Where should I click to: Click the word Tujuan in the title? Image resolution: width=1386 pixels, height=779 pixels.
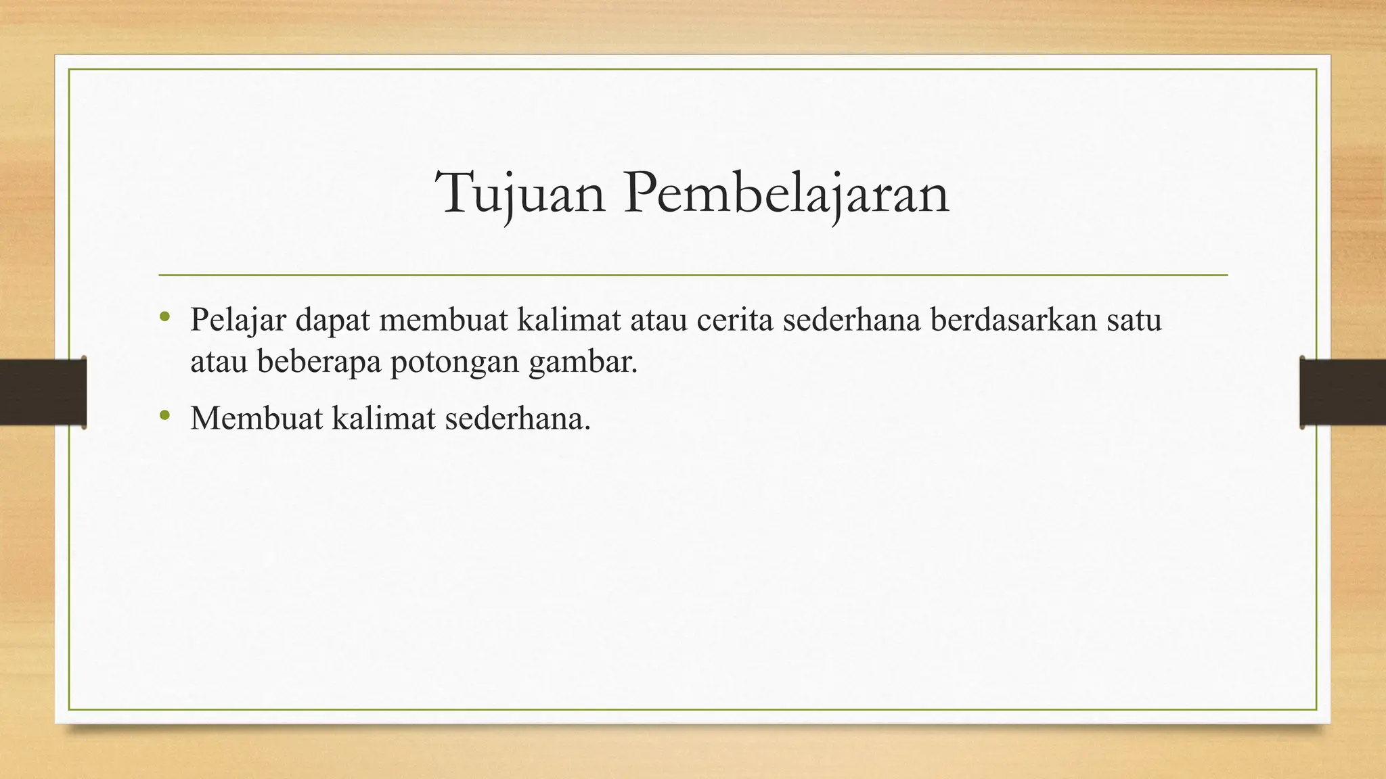coord(520,193)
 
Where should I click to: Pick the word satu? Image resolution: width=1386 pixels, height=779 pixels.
coord(1134,320)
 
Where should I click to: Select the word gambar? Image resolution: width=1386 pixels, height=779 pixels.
coord(583,362)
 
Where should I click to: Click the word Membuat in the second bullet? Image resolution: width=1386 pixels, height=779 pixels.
coord(256,418)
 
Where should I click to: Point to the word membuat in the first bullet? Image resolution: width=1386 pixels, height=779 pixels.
coord(443,320)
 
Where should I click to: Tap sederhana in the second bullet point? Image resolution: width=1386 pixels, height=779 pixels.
coord(518,418)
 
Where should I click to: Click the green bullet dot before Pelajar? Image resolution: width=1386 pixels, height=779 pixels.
coord(164,316)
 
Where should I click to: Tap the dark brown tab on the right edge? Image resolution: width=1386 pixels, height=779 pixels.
coord(1343,392)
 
